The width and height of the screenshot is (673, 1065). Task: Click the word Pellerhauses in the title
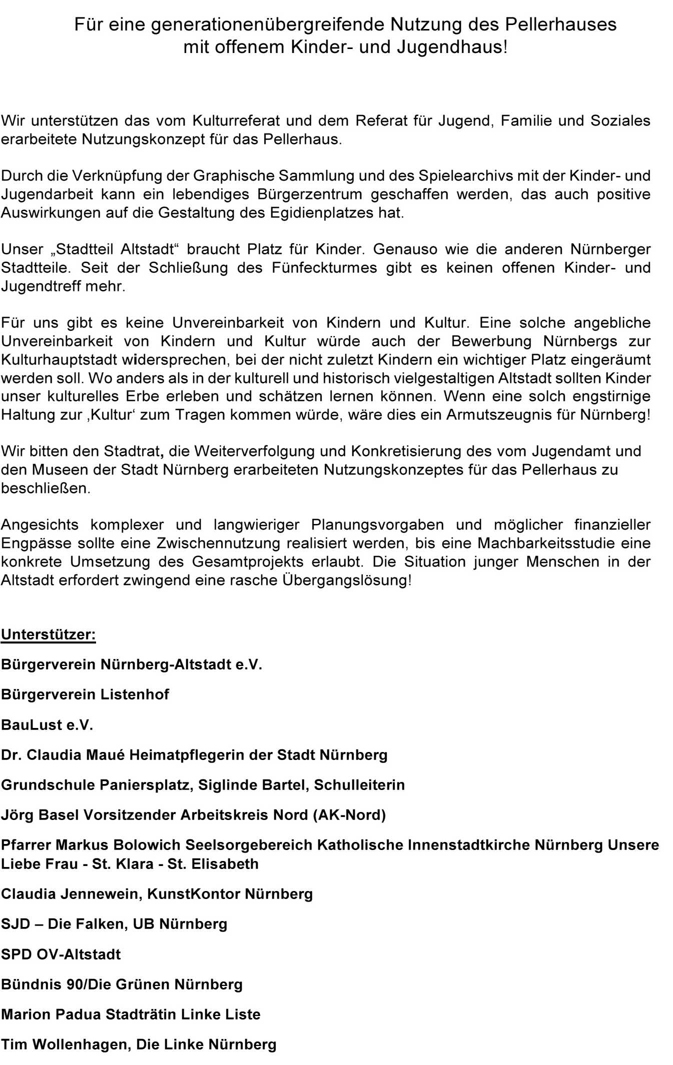click(560, 24)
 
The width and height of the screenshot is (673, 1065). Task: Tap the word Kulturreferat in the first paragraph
click(235, 120)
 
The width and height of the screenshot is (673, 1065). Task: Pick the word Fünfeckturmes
click(324, 267)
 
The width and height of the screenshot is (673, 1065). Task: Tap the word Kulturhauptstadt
click(59, 359)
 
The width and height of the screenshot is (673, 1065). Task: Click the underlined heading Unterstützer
click(48, 634)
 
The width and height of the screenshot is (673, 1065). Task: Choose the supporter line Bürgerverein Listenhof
click(85, 694)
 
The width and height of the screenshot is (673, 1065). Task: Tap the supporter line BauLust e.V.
click(47, 725)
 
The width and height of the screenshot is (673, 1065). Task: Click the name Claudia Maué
click(75, 755)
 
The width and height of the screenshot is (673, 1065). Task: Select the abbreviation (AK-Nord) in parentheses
click(349, 815)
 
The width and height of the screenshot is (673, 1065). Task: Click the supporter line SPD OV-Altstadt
click(61, 954)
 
